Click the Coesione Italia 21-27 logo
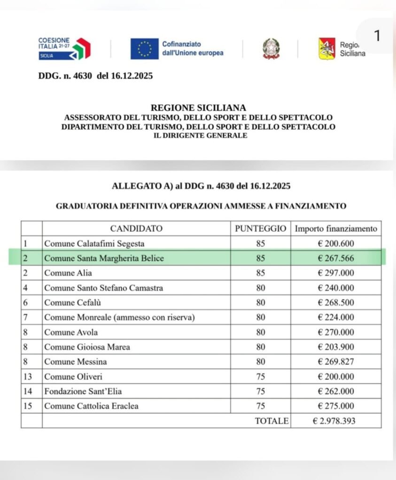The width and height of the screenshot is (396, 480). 64,48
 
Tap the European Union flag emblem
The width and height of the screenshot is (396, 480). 144,48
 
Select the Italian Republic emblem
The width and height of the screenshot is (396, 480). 270,48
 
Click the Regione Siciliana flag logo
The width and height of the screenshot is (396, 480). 327,48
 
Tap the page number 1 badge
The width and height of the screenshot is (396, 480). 376,36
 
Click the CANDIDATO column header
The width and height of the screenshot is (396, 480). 136,229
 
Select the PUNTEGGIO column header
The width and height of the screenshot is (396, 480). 260,229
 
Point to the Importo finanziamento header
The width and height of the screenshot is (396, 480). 335,229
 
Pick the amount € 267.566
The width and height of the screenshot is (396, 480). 335,258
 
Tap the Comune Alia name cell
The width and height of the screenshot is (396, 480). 68,273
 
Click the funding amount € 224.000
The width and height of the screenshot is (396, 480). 335,317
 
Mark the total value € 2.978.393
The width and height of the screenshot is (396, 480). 334,421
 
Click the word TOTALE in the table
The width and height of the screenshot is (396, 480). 272,421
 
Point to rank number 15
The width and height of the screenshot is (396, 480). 27,406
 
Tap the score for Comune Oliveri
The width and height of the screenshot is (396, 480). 260,376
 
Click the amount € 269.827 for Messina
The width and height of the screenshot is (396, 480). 335,361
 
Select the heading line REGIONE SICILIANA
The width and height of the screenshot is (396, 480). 198,108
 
